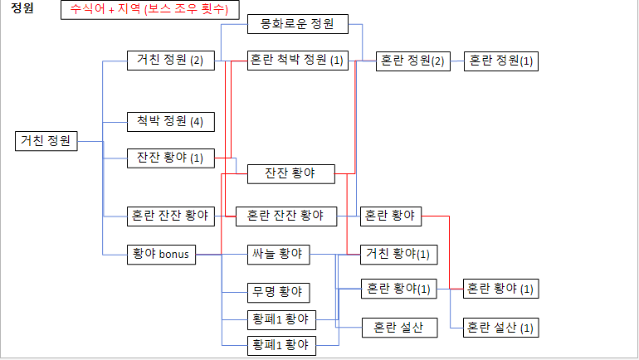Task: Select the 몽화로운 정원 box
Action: coord(297,25)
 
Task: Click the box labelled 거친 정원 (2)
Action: coord(170,61)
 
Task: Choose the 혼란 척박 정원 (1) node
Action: coord(297,61)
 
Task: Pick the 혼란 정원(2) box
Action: coord(412,61)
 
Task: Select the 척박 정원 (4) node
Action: coord(170,122)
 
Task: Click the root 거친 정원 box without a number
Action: coord(46,140)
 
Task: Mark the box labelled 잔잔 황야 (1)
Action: coord(170,158)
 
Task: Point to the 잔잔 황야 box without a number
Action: coord(291,174)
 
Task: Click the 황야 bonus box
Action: coord(161,254)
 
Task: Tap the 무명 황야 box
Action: coord(279,292)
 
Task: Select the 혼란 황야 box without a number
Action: coord(390,216)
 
